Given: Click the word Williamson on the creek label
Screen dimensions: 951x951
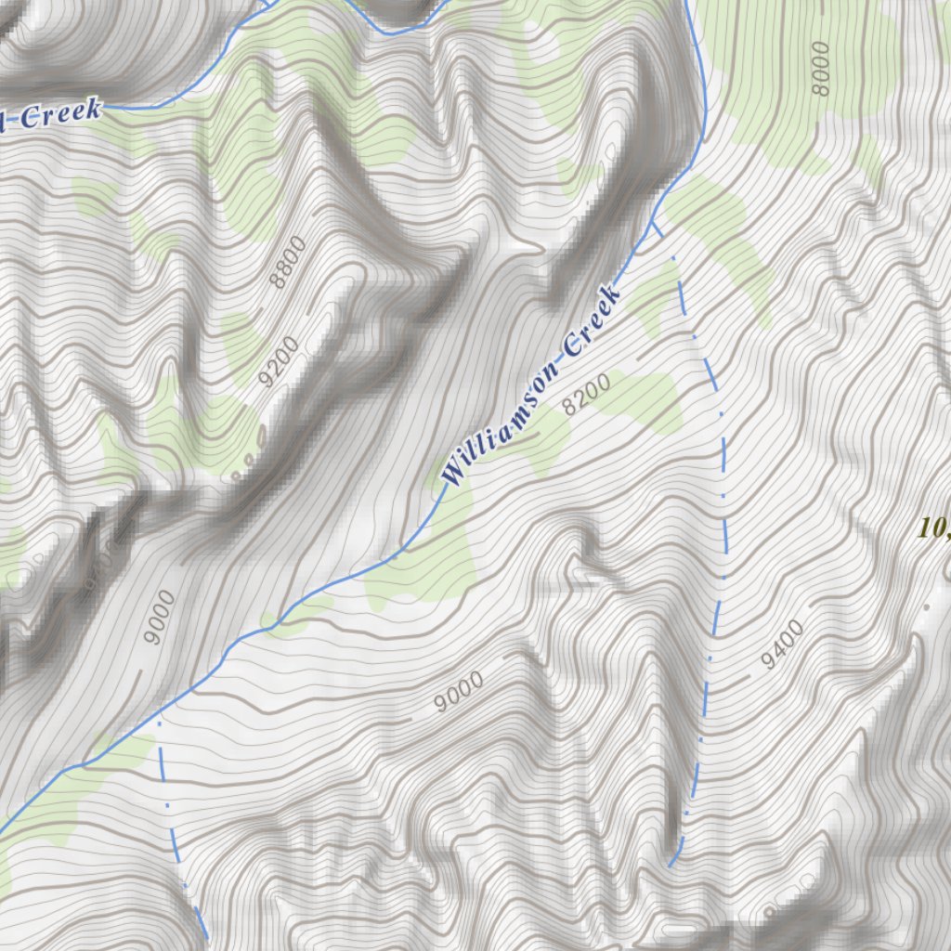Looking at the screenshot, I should [x=502, y=420].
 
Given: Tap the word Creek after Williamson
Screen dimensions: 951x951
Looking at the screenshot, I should [x=591, y=324].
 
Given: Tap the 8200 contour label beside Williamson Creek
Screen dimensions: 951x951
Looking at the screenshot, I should [x=587, y=394].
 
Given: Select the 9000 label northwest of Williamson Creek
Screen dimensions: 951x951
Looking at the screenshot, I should [x=160, y=617].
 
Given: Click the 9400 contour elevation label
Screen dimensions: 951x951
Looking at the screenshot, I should [x=781, y=645].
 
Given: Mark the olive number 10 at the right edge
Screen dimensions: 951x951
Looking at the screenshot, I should [x=931, y=528].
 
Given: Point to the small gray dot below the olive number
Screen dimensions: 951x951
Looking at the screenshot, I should [x=925, y=607].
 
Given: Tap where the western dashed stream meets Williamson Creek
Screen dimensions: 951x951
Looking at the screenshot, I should [x=160, y=717].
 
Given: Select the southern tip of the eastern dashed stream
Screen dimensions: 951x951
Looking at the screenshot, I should [x=671, y=866].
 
